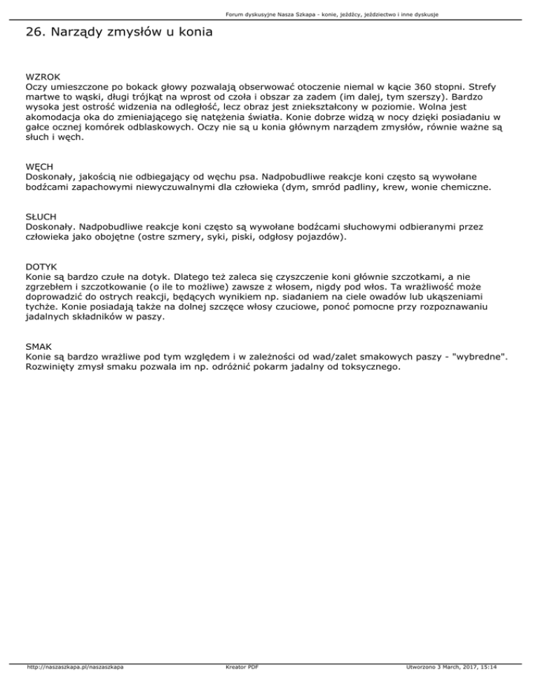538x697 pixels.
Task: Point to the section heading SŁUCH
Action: [x=41, y=217]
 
